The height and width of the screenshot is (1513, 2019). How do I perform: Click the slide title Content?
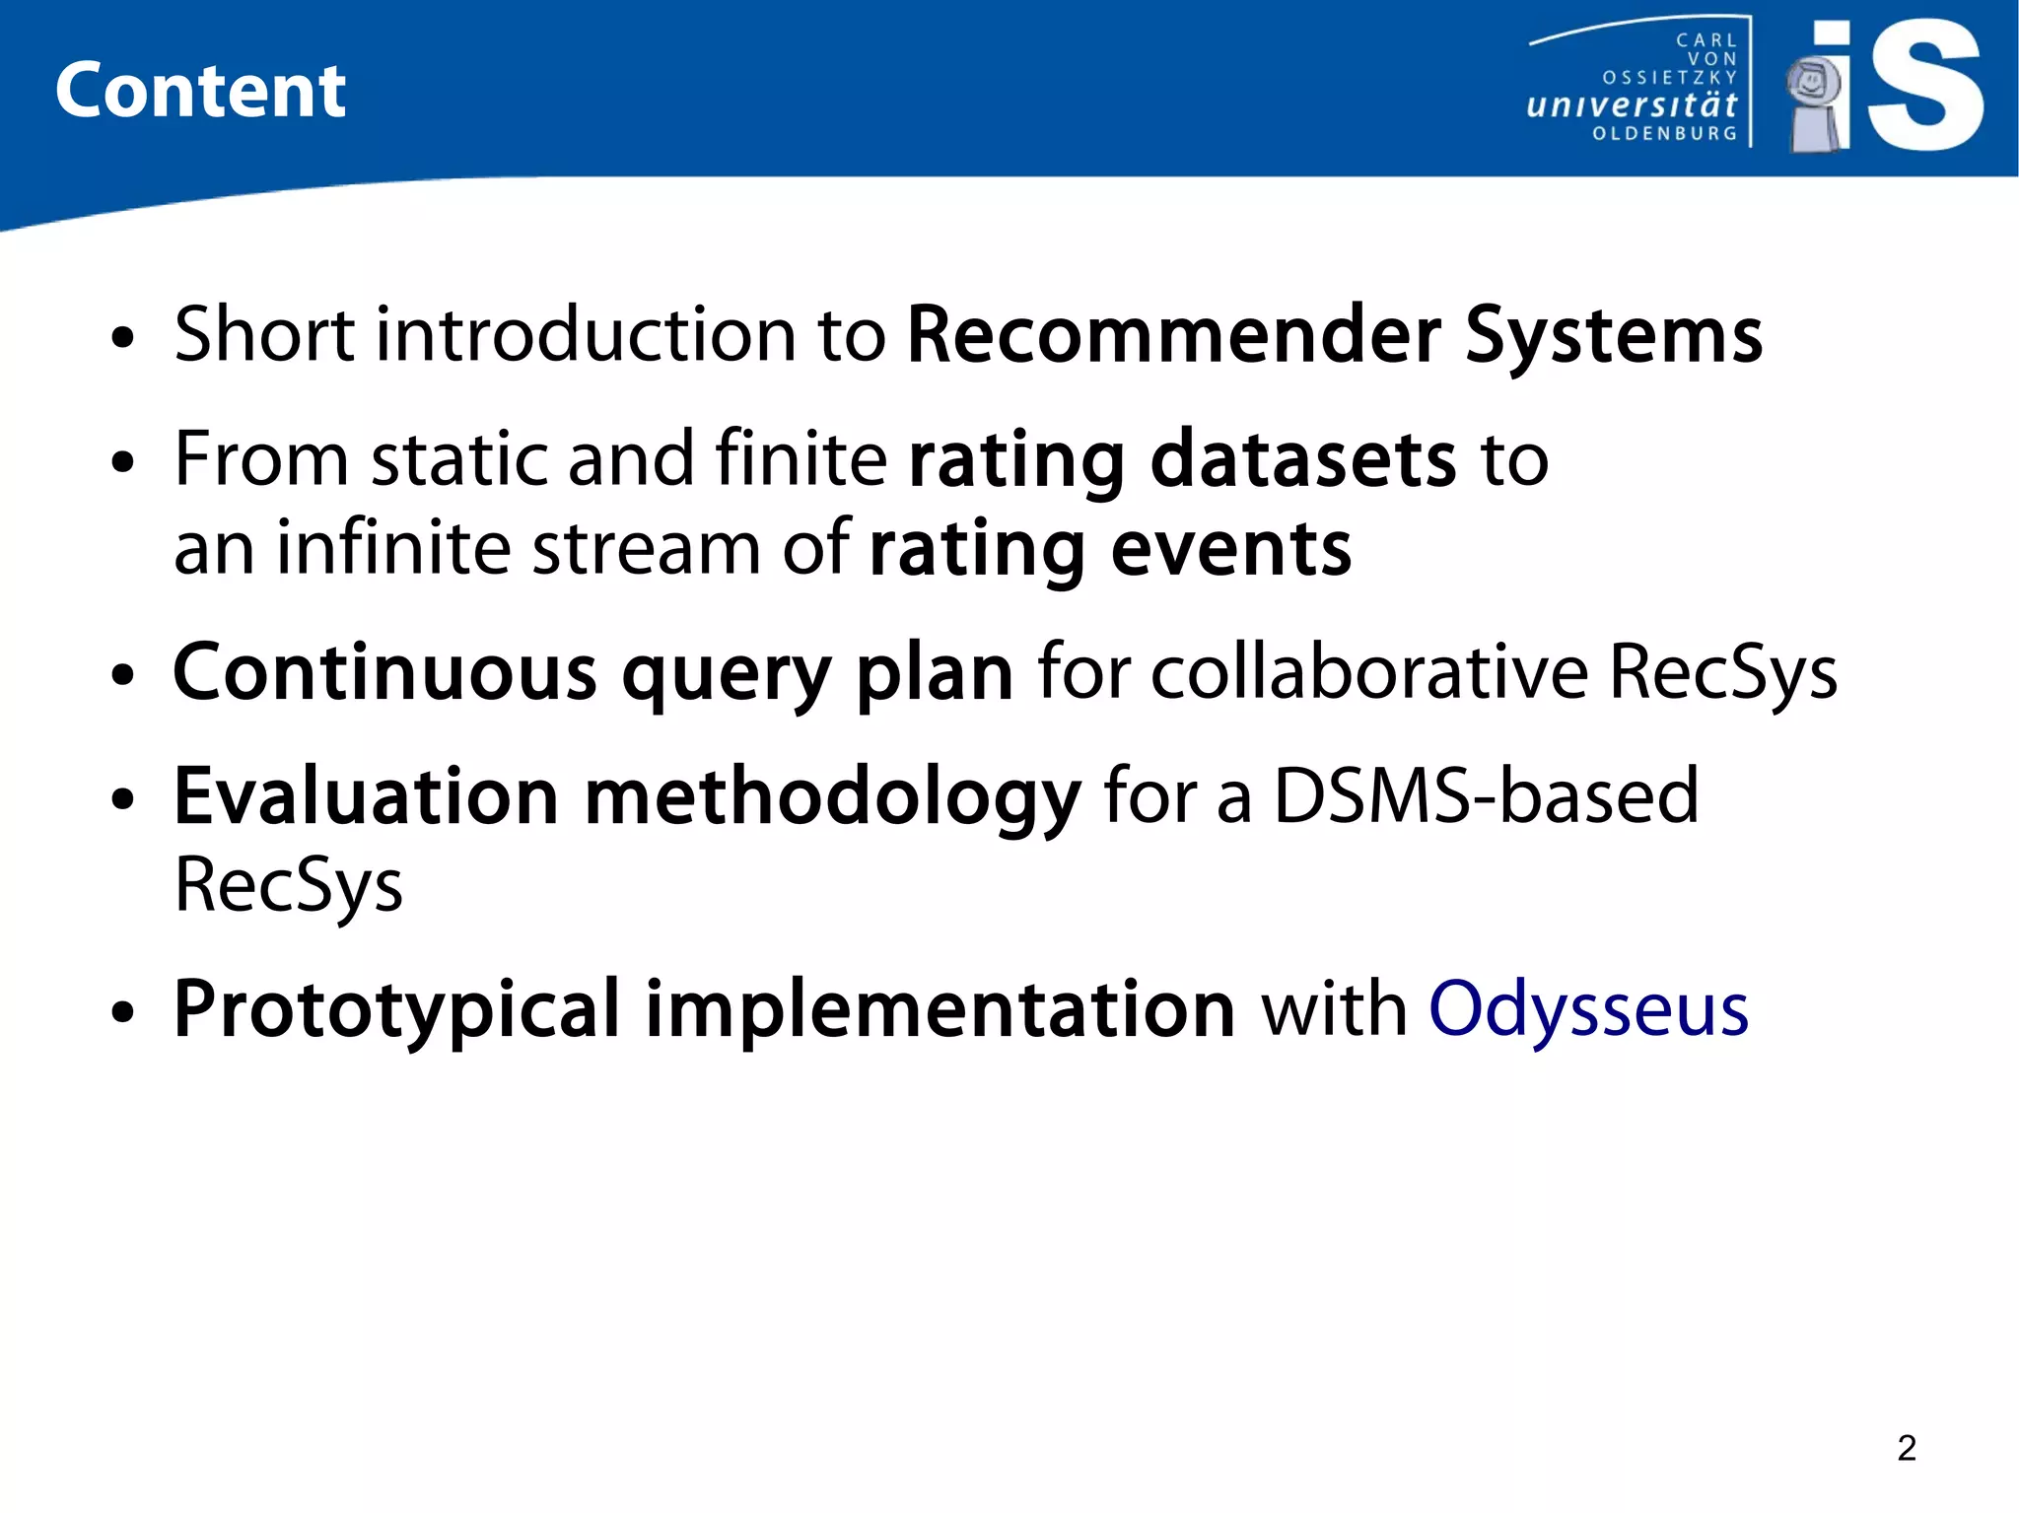click(x=200, y=91)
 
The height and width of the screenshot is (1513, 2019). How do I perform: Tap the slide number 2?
click(x=1907, y=1448)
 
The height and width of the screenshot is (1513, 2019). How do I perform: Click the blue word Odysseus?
click(x=1588, y=1010)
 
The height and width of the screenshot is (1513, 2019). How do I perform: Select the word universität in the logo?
click(x=1632, y=104)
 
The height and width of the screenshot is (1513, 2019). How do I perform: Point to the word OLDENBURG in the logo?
click(x=1665, y=133)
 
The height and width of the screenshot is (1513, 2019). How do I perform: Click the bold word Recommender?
click(x=1173, y=335)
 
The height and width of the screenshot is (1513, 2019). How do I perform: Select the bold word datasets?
click(x=1302, y=460)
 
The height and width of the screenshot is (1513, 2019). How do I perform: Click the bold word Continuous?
click(x=384, y=672)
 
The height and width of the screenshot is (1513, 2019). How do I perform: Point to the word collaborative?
click(x=1369, y=672)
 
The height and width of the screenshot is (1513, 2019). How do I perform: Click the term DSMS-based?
click(x=1486, y=796)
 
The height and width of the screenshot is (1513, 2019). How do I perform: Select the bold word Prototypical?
click(x=396, y=1010)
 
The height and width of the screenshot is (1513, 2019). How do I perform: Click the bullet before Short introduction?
click(x=122, y=338)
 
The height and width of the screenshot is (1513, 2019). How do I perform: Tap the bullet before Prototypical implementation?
click(x=122, y=1013)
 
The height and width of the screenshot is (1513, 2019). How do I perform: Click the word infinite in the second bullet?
click(x=392, y=548)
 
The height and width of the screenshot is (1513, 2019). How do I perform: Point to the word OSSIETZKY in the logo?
click(x=1669, y=78)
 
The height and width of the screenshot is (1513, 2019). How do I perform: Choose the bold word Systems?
click(x=1613, y=335)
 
